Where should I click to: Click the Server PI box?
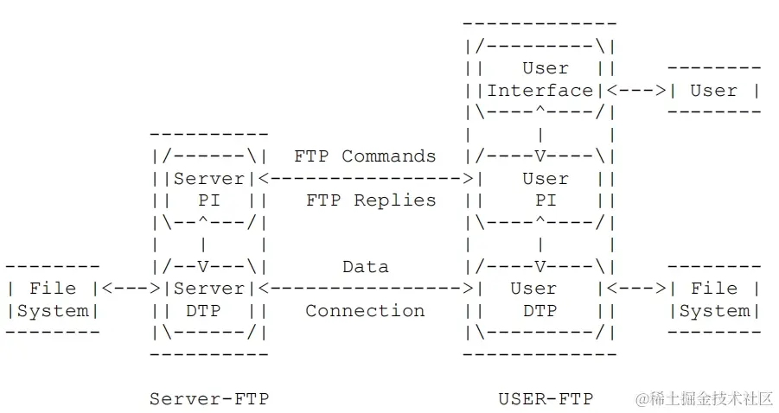[x=208, y=189]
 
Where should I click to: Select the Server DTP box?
[x=208, y=299]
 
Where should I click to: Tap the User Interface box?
[x=540, y=79]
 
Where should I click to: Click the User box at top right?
[x=714, y=90]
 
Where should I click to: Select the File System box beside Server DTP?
[x=53, y=299]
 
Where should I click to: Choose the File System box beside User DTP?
[x=714, y=299]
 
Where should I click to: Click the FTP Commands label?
[x=365, y=156]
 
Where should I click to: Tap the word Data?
[x=365, y=267]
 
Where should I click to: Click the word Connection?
[x=365, y=311]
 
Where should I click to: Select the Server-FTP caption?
[x=208, y=398]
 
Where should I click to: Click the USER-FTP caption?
[x=546, y=398]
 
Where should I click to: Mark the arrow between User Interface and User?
[x=636, y=90]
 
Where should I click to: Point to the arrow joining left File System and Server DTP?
[x=131, y=289]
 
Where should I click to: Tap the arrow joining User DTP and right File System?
[x=636, y=289]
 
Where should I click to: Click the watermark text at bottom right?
[x=704, y=398]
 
